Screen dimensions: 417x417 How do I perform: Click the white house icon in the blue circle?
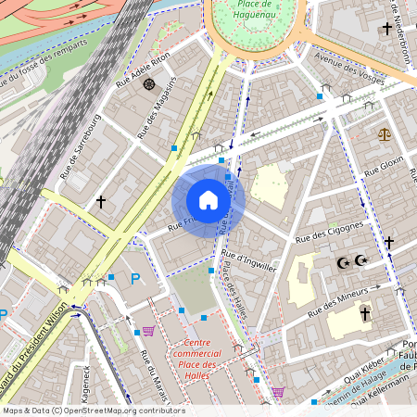click(x=208, y=200)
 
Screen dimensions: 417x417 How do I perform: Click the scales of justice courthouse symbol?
click(x=384, y=134)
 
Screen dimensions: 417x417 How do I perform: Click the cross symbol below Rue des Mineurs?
click(x=365, y=315)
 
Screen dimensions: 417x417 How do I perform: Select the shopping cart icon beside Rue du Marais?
click(x=147, y=330)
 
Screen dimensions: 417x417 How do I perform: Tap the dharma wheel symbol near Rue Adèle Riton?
click(x=148, y=84)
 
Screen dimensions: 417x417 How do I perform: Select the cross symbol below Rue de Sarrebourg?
click(x=100, y=200)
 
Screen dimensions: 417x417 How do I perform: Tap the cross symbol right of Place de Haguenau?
click(x=386, y=29)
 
